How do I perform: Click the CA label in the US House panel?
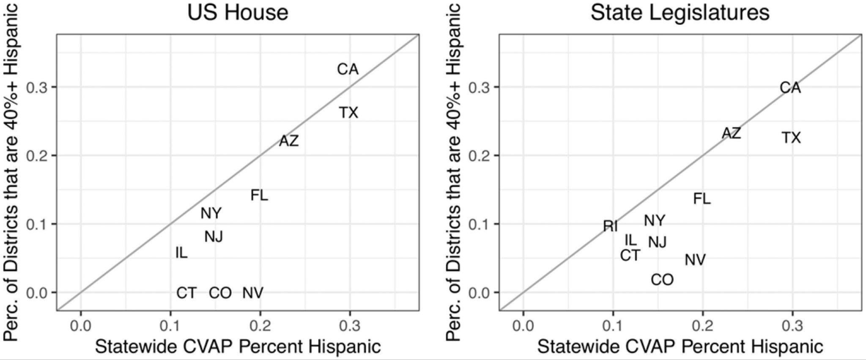[x=348, y=69]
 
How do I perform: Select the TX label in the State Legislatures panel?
[x=791, y=137]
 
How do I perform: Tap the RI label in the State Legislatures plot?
[x=610, y=226]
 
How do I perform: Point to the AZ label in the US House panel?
[x=289, y=141]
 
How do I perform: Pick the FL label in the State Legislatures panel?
[x=702, y=198]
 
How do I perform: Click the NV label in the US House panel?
[x=253, y=292]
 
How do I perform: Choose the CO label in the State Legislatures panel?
[x=662, y=280]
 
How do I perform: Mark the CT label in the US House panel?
[x=186, y=292]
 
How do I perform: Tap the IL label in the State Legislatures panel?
[x=630, y=240]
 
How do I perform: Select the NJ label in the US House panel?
[x=214, y=236]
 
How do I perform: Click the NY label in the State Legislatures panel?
[x=654, y=220]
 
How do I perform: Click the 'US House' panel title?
[x=238, y=13]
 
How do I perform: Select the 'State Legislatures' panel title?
[x=680, y=13]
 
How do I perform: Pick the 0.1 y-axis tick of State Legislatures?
[x=479, y=224]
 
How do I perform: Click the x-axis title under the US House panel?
[x=238, y=346]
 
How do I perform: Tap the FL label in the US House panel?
[x=259, y=195]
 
